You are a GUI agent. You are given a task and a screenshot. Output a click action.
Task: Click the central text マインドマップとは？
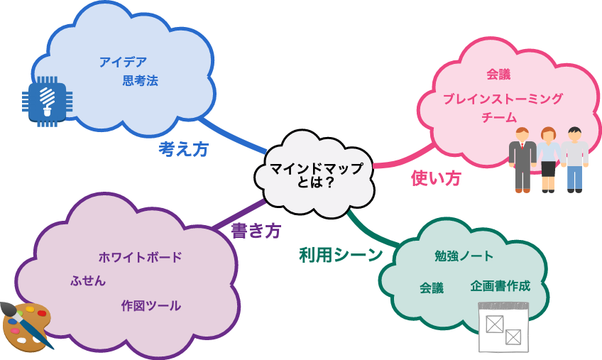(x=316, y=175)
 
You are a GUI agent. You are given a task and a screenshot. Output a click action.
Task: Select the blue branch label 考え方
(x=183, y=149)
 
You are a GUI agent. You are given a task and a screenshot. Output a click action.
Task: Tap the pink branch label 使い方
(x=436, y=178)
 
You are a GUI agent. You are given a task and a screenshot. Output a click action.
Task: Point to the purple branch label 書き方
(x=256, y=230)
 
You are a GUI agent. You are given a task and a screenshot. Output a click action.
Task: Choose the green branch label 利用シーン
(x=341, y=255)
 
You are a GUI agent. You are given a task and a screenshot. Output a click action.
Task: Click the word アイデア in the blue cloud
(x=123, y=62)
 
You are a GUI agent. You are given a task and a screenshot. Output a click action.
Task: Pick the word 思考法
(x=140, y=81)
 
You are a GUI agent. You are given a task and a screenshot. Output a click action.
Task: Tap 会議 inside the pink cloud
(x=498, y=75)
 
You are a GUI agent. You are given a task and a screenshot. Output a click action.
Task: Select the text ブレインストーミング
(x=503, y=99)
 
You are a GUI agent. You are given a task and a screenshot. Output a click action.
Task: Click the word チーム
(x=499, y=117)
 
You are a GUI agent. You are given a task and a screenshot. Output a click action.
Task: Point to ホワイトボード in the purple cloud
(x=140, y=257)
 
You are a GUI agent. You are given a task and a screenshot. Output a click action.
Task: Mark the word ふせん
(x=88, y=281)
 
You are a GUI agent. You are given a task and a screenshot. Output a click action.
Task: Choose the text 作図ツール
(x=150, y=306)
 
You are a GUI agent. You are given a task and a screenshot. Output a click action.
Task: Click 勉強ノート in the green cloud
(x=464, y=256)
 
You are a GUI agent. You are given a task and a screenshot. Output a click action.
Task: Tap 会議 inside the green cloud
(x=432, y=288)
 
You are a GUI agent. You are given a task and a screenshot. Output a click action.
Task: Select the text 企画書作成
(x=500, y=286)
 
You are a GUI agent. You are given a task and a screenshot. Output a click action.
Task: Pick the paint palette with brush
(x=27, y=327)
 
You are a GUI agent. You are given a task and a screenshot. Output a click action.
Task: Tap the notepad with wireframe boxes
(x=503, y=327)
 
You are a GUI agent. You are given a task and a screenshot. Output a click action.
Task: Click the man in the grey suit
(x=522, y=160)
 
